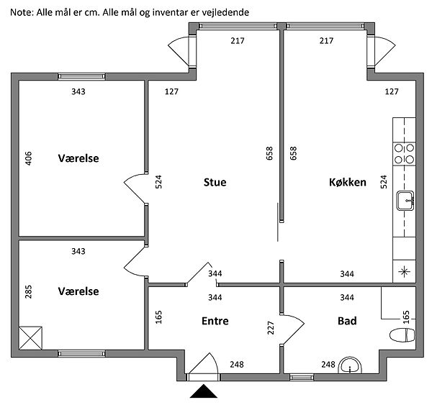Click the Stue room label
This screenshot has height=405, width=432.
click(215, 183)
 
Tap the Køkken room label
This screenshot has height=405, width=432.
click(348, 183)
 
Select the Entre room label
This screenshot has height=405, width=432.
click(215, 321)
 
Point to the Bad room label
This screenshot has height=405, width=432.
click(347, 321)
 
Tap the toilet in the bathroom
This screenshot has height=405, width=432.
click(402, 335)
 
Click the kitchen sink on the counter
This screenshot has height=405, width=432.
click(405, 201)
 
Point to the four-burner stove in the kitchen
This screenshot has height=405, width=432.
click(404, 155)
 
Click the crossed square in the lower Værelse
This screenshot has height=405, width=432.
click(31, 338)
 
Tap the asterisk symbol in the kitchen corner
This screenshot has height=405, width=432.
click(404, 271)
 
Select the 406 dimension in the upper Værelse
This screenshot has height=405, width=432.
click(29, 158)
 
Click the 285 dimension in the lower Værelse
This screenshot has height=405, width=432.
click(29, 291)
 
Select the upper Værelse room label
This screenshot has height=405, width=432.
click(78, 158)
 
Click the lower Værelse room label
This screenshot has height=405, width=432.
click(78, 291)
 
